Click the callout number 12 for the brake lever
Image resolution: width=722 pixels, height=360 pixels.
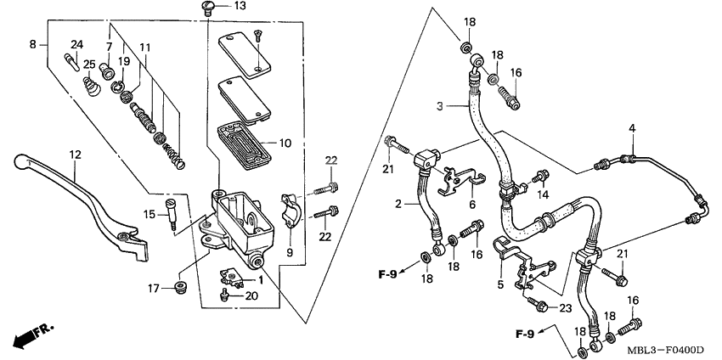point(75,155)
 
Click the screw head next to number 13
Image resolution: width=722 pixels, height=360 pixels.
point(206,8)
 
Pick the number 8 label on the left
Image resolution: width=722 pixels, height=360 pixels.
point(32,43)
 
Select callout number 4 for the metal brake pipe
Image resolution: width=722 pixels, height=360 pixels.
point(632,128)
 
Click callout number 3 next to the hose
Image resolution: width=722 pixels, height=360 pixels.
point(441,106)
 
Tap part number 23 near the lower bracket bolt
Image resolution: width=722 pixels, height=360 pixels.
point(567,307)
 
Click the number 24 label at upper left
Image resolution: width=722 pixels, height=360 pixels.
point(76,44)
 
